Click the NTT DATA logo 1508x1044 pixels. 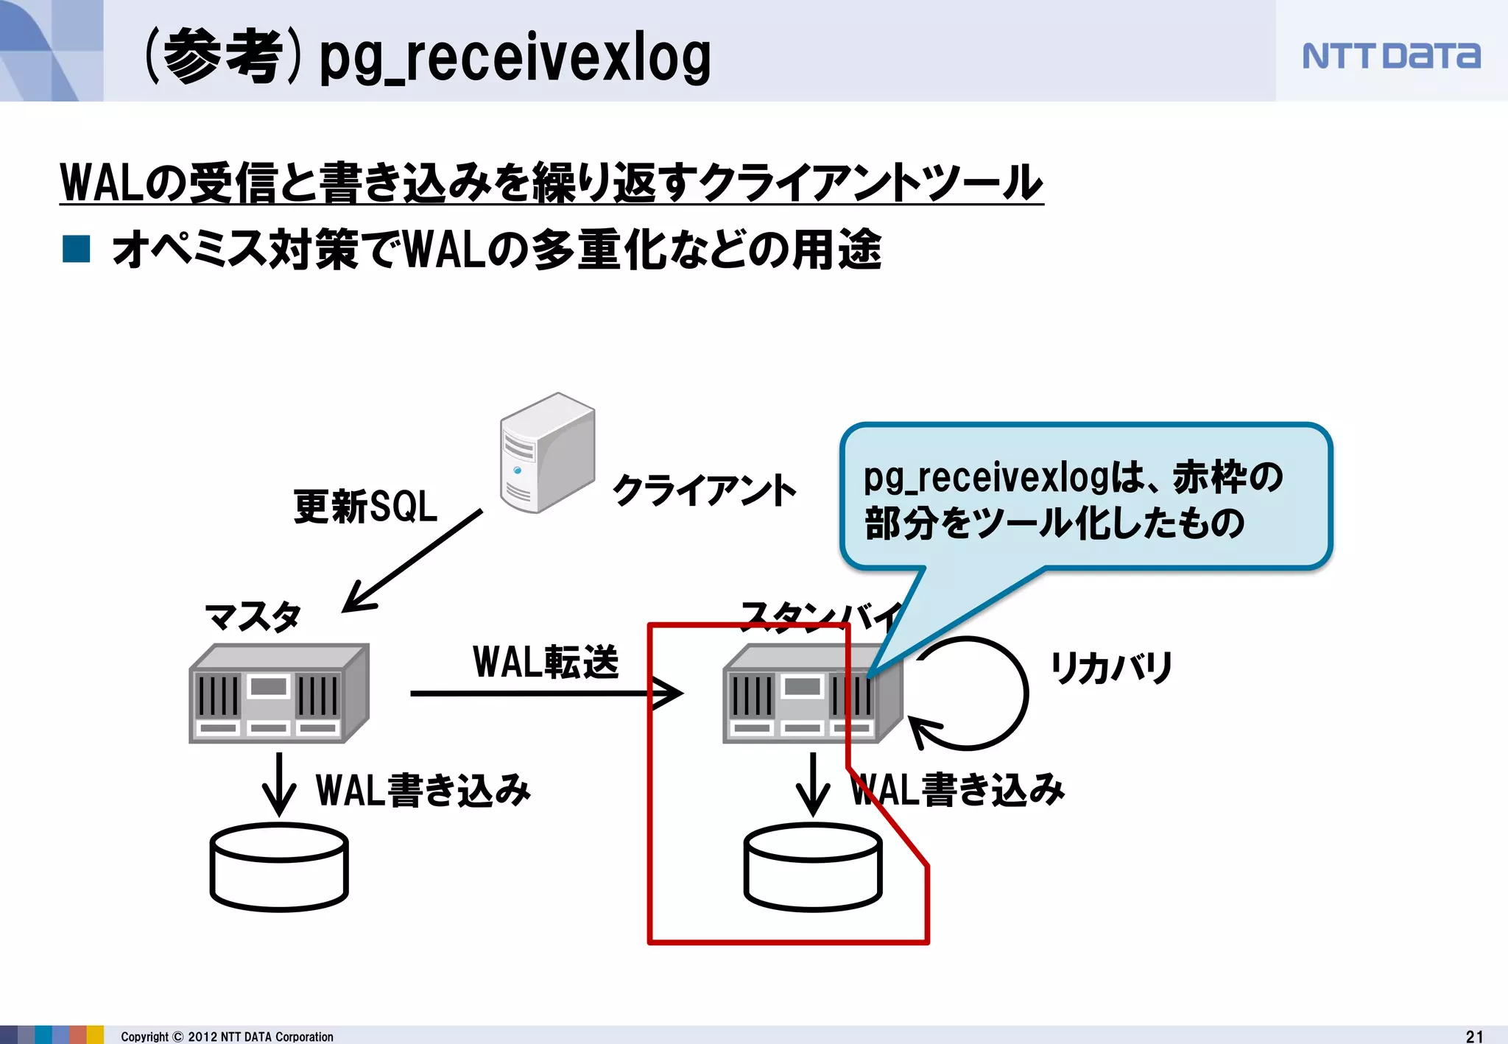(x=1391, y=56)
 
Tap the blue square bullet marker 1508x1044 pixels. (x=77, y=249)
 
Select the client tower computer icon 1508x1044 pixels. (x=546, y=453)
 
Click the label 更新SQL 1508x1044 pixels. (x=365, y=507)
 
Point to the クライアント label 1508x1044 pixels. (x=704, y=490)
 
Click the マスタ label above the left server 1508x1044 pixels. (x=253, y=616)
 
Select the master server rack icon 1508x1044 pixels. (x=278, y=694)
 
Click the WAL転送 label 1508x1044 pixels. (x=546, y=661)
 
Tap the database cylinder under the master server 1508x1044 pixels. (x=279, y=867)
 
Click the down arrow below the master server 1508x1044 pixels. (x=279, y=785)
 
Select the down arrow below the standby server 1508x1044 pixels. (x=813, y=785)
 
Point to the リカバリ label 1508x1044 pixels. (x=1110, y=667)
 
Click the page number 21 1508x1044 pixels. (x=1474, y=1036)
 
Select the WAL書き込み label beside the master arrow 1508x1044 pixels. (x=423, y=790)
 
